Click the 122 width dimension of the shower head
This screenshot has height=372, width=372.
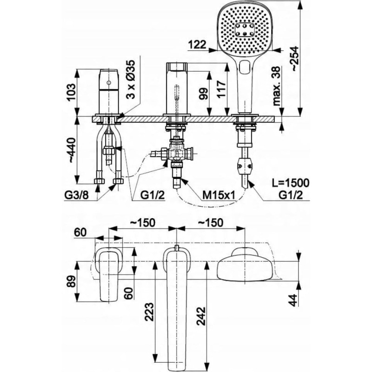(x=197, y=44)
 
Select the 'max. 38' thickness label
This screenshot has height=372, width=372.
(x=276, y=86)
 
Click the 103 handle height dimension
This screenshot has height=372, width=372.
(x=71, y=92)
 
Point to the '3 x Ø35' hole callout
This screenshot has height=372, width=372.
(x=130, y=79)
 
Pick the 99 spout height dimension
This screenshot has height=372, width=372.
(x=203, y=93)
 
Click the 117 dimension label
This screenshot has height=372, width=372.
(x=221, y=89)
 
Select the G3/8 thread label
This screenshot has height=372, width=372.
(x=76, y=196)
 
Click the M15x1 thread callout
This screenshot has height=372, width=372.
(x=218, y=196)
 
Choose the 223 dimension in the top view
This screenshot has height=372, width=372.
(x=149, y=312)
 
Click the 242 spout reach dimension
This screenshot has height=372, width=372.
(x=201, y=316)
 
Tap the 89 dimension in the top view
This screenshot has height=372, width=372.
(x=71, y=281)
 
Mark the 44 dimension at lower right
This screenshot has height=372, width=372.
(x=293, y=300)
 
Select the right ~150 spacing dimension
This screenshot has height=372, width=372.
(x=211, y=223)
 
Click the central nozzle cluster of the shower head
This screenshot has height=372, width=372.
(x=245, y=30)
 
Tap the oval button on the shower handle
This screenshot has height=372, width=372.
(x=245, y=67)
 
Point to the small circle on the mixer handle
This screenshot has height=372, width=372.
(x=109, y=83)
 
